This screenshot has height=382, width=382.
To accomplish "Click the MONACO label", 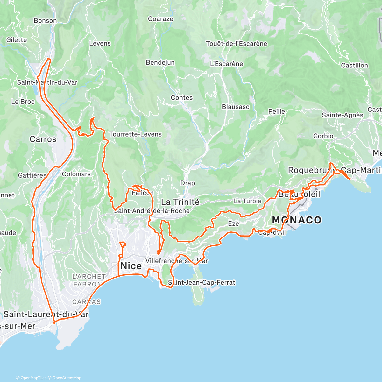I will click(x=297, y=220).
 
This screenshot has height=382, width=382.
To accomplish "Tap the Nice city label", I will click(x=131, y=266).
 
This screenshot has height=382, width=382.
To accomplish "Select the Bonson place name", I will click(x=45, y=21).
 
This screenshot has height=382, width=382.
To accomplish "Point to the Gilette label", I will click(x=17, y=40).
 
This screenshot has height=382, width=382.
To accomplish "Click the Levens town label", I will click(x=100, y=43).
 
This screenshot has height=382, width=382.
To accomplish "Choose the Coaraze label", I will click(x=161, y=19).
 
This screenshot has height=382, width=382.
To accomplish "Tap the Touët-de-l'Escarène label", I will click(x=237, y=44).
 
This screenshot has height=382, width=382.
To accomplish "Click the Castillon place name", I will click(x=354, y=65).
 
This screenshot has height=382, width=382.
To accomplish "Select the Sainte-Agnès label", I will click(x=343, y=115).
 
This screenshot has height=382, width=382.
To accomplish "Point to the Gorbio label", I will click(x=323, y=136).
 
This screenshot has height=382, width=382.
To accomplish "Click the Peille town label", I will click(x=277, y=111).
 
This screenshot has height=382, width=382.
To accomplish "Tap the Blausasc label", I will click(x=236, y=107).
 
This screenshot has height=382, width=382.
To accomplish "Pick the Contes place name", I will click(x=182, y=98).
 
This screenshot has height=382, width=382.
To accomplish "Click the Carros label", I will click(x=43, y=139).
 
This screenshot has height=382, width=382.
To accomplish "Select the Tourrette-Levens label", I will click(x=135, y=134).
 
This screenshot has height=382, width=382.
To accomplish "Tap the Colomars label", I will click(x=76, y=174).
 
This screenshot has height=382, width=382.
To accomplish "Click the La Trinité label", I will click(x=180, y=202).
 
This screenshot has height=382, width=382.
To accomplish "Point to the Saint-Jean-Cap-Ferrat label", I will click(x=202, y=282).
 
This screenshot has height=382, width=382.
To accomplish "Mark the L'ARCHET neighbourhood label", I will click(x=89, y=277).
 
